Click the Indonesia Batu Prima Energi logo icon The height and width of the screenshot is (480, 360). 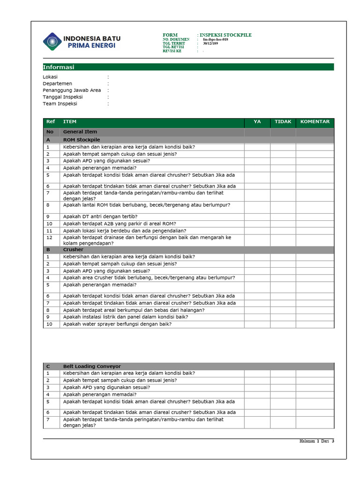(x=52, y=41)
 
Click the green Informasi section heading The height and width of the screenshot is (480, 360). (x=59, y=67)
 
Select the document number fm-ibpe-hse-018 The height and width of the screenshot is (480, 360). (x=215, y=39)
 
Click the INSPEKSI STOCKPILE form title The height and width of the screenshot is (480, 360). (x=226, y=35)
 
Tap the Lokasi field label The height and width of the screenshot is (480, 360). (x=50, y=77)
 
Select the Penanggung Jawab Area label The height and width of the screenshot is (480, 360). (x=72, y=90)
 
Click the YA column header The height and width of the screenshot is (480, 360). (x=257, y=122)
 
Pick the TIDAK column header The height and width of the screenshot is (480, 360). (x=283, y=122)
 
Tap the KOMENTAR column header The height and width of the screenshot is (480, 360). (x=315, y=122)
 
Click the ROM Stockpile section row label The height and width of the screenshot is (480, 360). (x=82, y=140)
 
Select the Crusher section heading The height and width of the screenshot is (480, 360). (x=73, y=250)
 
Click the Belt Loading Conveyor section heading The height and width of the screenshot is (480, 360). (x=92, y=366)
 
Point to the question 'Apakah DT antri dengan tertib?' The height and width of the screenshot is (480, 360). (x=100, y=217)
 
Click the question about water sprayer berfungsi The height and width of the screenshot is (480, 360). (x=117, y=324)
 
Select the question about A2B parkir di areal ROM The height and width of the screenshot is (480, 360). (x=120, y=224)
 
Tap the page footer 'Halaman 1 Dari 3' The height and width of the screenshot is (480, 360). (x=317, y=441)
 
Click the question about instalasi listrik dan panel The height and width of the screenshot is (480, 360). (x=126, y=317)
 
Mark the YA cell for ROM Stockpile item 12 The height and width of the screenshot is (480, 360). (x=257, y=240)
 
